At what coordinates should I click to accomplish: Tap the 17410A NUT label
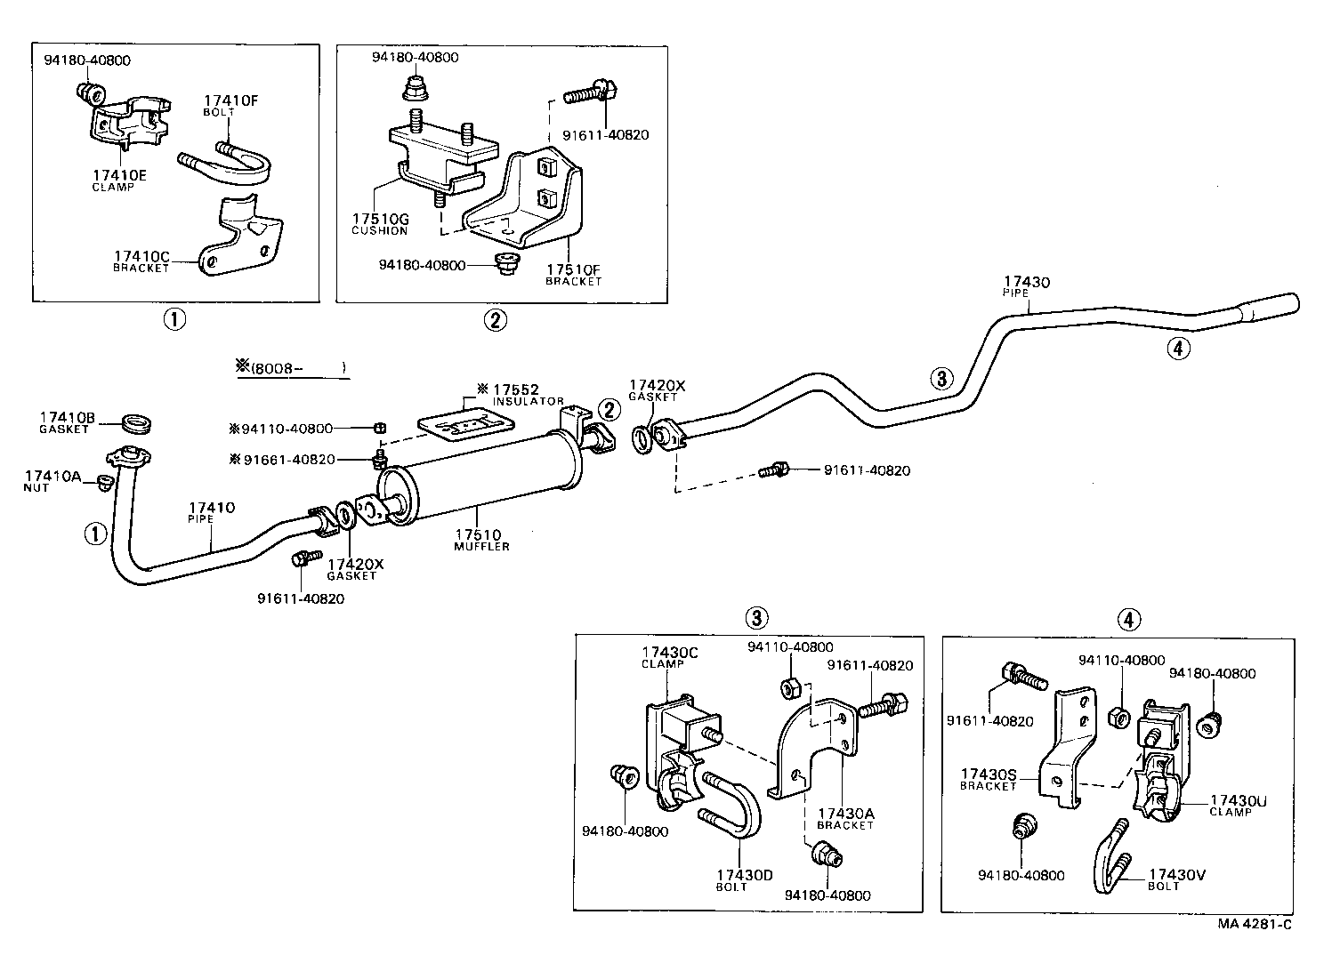click(x=52, y=481)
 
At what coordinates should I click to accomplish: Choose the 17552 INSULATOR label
click(x=520, y=394)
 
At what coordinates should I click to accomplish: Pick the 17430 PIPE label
click(x=1027, y=286)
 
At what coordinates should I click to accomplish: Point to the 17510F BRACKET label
click(x=573, y=274)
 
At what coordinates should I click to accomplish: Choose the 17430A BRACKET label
click(x=845, y=818)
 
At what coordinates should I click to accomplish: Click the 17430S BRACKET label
click(x=988, y=779)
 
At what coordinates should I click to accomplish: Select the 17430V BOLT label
click(x=1176, y=879)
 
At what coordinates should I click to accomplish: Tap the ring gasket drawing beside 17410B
click(x=135, y=421)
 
